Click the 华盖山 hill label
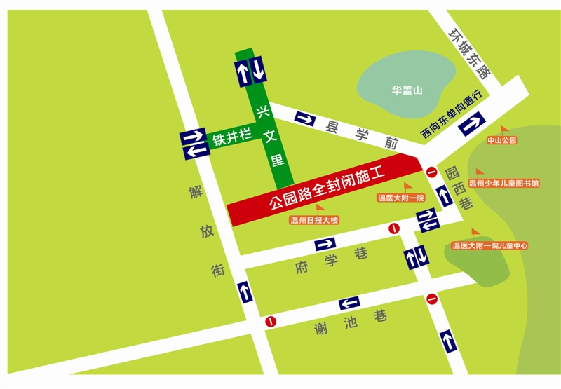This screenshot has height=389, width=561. click(407, 90)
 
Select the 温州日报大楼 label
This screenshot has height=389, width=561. click(314, 220)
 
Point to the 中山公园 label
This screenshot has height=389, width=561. click(501, 140)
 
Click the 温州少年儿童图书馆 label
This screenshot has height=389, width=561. click(503, 184)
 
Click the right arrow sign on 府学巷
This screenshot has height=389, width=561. click(326, 244)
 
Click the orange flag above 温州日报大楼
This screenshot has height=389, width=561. click(320, 208)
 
